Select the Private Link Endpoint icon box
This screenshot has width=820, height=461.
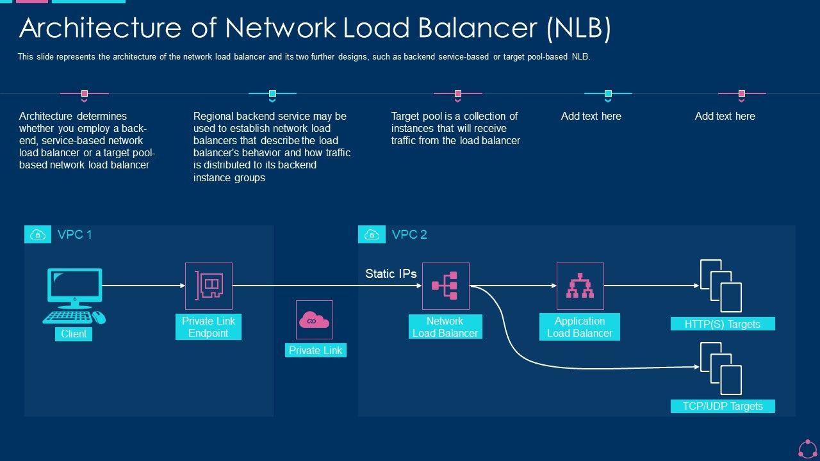tap(208, 286)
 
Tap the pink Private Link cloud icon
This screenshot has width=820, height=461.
tap(315, 319)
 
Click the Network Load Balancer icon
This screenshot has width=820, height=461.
tap(445, 286)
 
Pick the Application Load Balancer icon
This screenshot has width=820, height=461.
tap(580, 286)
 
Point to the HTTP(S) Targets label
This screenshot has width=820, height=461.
tap(723, 324)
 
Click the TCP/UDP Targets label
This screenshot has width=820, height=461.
tap(723, 406)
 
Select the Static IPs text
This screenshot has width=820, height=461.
tap(391, 273)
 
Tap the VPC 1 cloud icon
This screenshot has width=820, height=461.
tap(38, 235)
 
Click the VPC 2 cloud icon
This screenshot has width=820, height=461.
tap(372, 235)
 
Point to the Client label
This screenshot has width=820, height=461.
tap(74, 334)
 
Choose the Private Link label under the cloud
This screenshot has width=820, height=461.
tap(315, 350)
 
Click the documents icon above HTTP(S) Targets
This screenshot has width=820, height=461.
tap(721, 286)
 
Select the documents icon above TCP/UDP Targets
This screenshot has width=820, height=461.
tap(721, 368)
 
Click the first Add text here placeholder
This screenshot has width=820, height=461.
tap(591, 116)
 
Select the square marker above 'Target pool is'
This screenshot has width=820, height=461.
tap(457, 93)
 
